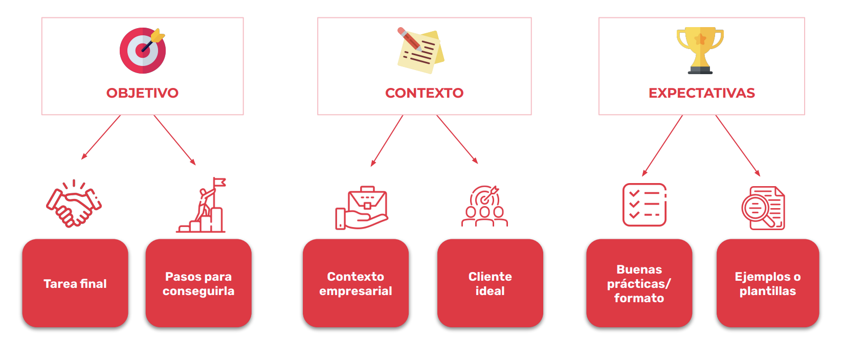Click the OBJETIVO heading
(x=142, y=93)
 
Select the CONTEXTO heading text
(x=424, y=93)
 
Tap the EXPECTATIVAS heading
(x=701, y=93)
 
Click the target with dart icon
(x=142, y=50)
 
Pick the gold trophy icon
(x=700, y=50)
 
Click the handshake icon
(x=74, y=205)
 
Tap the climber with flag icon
(x=204, y=206)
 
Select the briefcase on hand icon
(x=362, y=208)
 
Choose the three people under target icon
(x=484, y=207)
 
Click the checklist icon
(x=644, y=205)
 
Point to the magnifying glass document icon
(x=763, y=208)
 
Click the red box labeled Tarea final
(x=75, y=283)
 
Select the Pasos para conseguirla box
(x=198, y=283)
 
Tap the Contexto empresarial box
(x=356, y=283)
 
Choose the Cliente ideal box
(x=490, y=283)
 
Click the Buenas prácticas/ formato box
(x=639, y=283)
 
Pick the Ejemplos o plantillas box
(x=767, y=283)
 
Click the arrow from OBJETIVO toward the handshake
(x=101, y=137)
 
